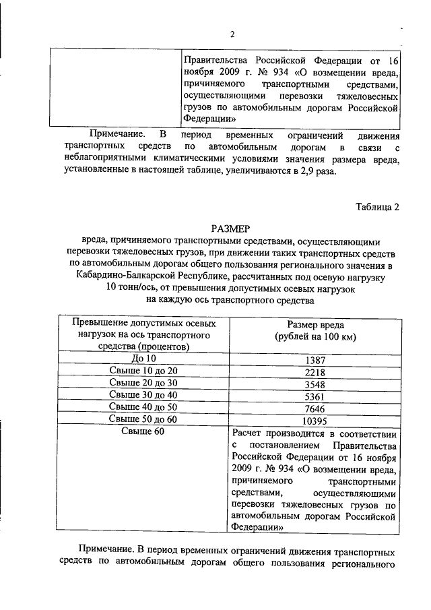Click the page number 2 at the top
pyautogui.click(x=231, y=35)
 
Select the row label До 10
pyautogui.click(x=143, y=359)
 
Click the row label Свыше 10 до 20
pyautogui.click(x=143, y=371)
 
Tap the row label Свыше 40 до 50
pyautogui.click(x=143, y=407)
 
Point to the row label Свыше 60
pyautogui.click(x=143, y=431)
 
